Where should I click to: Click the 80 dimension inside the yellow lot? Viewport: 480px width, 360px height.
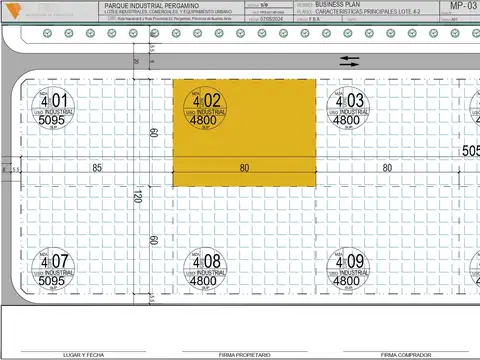(x=245, y=168)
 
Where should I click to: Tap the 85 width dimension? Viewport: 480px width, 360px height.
(x=97, y=168)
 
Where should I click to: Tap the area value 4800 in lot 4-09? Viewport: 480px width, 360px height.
(x=346, y=281)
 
